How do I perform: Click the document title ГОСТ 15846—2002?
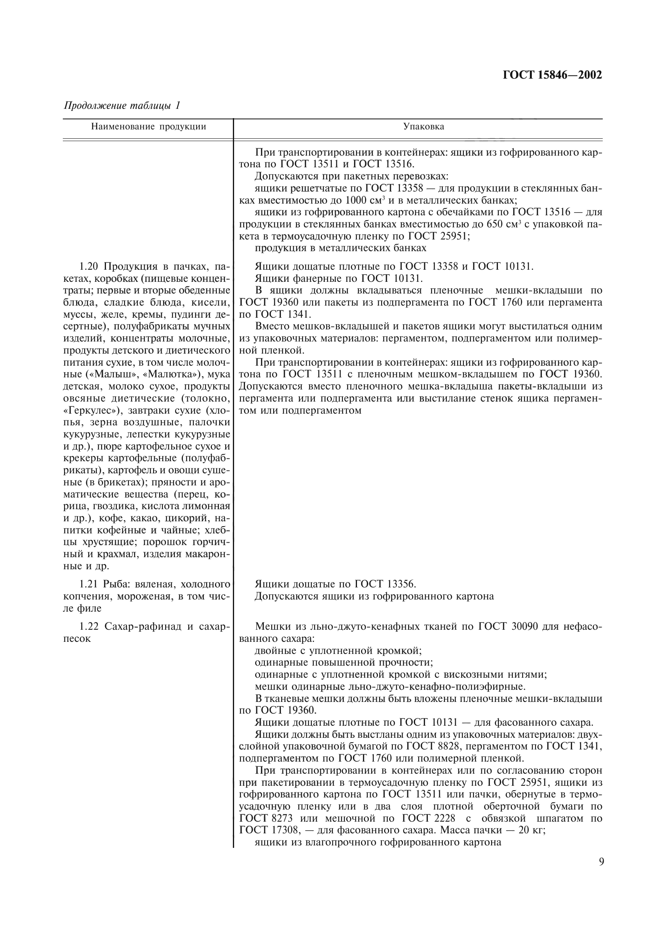point(552,75)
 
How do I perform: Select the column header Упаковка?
point(423,127)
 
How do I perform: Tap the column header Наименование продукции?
point(148,127)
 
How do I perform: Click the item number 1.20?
point(89,266)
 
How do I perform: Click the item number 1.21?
point(89,584)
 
